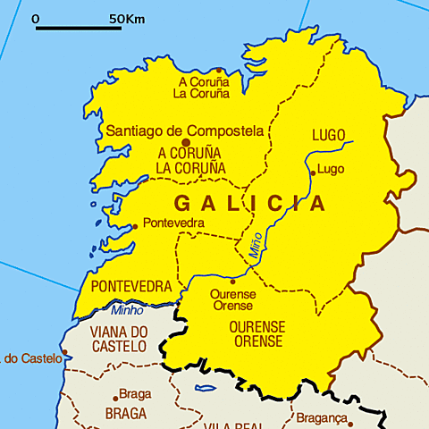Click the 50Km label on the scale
click(x=127, y=18)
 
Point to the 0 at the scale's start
click(x=36, y=18)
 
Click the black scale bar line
click(x=79, y=29)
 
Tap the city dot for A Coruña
click(x=219, y=70)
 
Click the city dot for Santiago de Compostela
click(x=186, y=142)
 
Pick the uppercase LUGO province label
click(x=328, y=135)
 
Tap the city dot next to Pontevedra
click(x=135, y=226)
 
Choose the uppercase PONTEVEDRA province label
click(x=131, y=287)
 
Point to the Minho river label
click(x=127, y=311)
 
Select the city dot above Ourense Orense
click(x=233, y=282)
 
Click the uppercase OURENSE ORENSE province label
click(x=258, y=334)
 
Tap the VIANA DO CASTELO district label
click(x=119, y=339)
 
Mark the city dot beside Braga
click(x=115, y=398)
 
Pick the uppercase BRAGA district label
click(x=125, y=414)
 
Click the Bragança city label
click(x=320, y=418)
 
